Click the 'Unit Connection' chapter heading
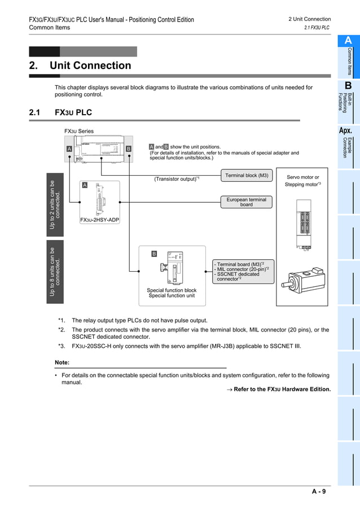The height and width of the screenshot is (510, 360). pyautogui.click(x=90, y=66)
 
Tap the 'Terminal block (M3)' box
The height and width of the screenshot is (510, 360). pyautogui.click(x=247, y=175)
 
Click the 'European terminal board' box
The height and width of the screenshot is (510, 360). pyautogui.click(x=247, y=202)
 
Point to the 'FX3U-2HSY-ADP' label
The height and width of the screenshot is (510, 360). pyautogui.click(x=100, y=220)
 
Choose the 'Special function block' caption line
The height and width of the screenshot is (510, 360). pyautogui.click(x=172, y=290)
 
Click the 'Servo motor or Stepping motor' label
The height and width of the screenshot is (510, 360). pyautogui.click(x=302, y=181)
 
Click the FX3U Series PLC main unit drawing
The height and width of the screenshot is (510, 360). pyautogui.click(x=101, y=149)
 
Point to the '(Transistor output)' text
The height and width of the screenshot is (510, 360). pyautogui.click(x=176, y=179)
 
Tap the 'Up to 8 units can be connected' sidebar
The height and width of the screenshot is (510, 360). pyautogui.click(x=55, y=272)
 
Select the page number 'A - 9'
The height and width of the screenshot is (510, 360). pyautogui.click(x=319, y=491)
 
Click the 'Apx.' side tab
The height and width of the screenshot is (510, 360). pyautogui.click(x=345, y=131)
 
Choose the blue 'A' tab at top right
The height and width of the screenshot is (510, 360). pyautogui.click(x=348, y=41)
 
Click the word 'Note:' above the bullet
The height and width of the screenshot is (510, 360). pyautogui.click(x=62, y=362)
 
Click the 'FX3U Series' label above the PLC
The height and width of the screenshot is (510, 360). pyautogui.click(x=79, y=131)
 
